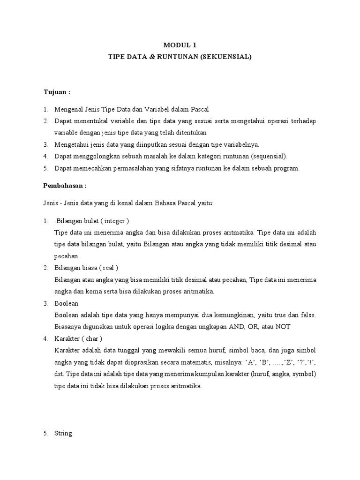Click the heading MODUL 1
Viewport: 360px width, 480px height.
pos(180,45)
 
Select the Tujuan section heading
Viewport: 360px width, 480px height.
pos(56,92)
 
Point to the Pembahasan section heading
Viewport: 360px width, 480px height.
pos(65,185)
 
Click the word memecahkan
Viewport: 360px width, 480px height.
pos(94,168)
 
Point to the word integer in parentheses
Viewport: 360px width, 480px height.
pos(115,221)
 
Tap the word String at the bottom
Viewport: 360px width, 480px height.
pos(63,433)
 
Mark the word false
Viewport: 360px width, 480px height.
pos(307,315)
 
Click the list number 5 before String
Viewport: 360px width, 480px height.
pos(45,433)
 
